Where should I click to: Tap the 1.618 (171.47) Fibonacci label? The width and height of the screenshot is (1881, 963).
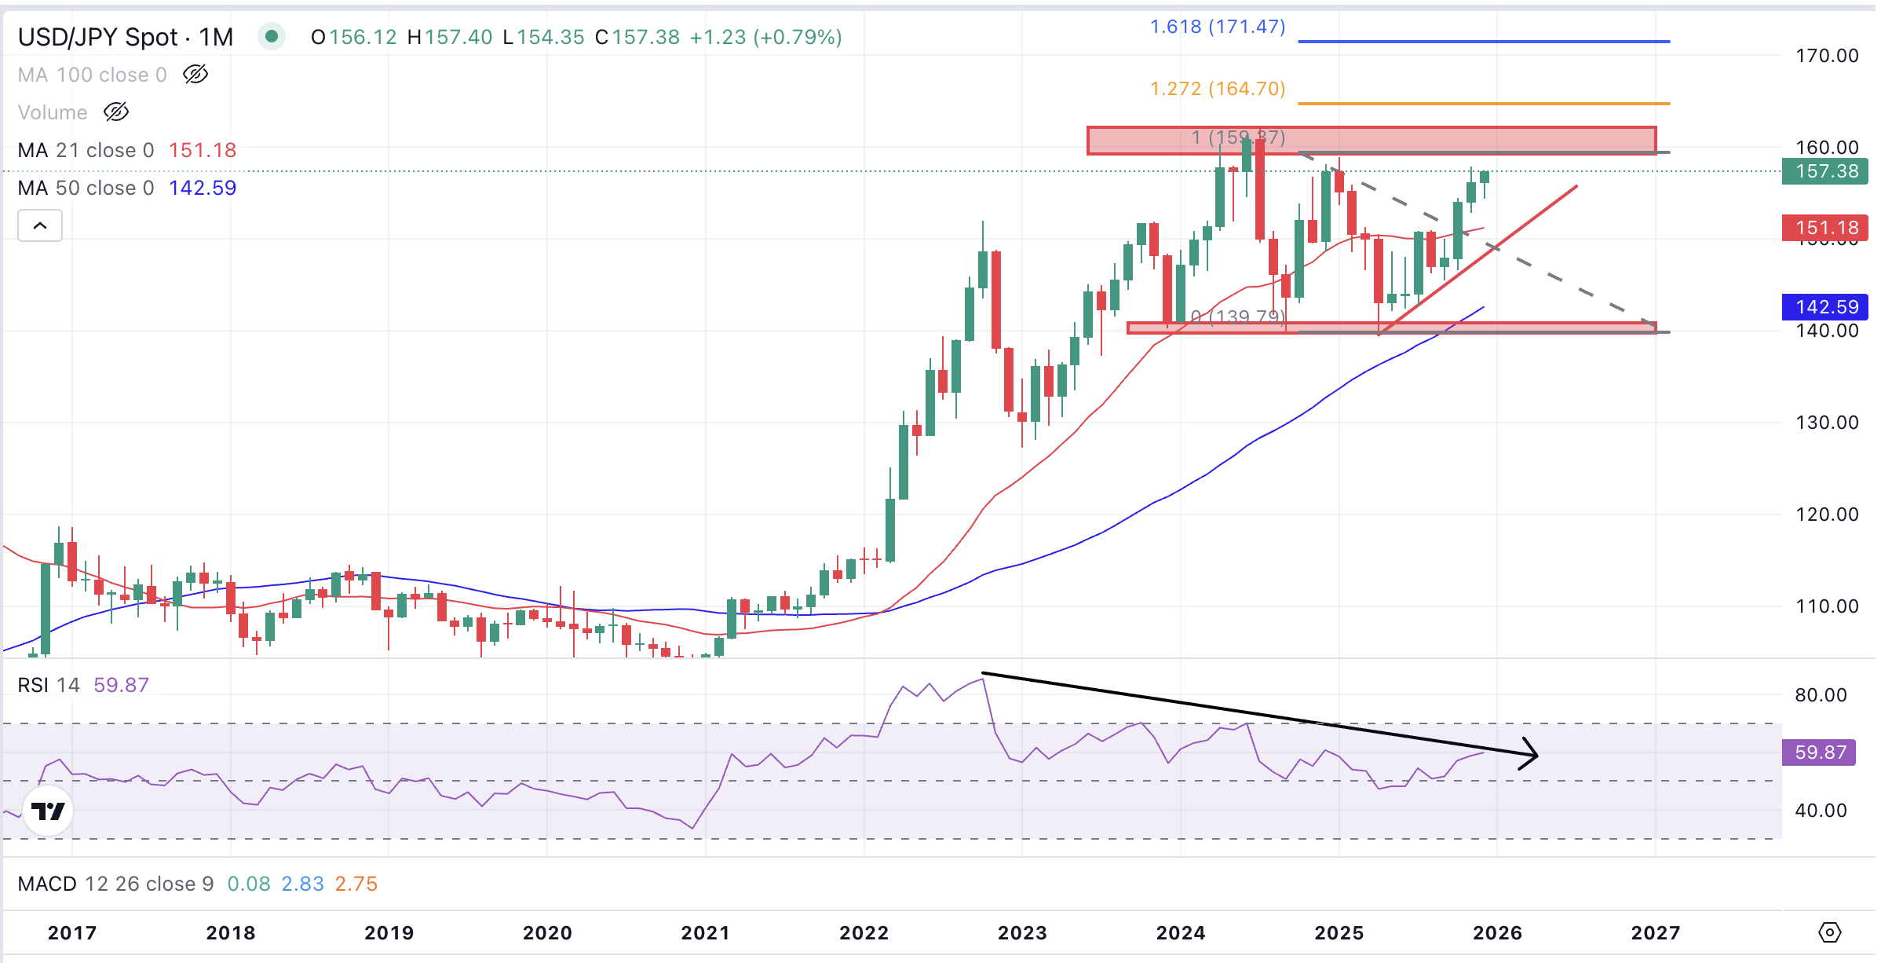point(1217,27)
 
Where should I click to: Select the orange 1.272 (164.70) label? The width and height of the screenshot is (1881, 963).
point(1217,89)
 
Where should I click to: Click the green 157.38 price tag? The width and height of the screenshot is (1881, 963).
point(1826,171)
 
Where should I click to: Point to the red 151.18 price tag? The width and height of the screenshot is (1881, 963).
point(1826,228)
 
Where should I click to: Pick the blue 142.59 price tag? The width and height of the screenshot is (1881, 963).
point(1826,307)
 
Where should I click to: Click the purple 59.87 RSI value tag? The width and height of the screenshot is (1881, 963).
point(1819,752)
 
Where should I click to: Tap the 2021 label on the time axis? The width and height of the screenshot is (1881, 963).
point(705,933)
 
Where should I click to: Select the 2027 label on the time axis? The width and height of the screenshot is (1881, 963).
point(1655,933)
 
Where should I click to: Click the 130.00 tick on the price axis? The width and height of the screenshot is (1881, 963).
point(1827,423)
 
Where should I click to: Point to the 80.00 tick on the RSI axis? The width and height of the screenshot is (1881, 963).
point(1821,695)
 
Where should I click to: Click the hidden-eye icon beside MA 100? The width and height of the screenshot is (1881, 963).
point(195,75)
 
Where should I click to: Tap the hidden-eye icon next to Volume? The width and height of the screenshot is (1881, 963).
point(116,112)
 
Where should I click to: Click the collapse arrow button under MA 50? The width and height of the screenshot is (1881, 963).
point(40,226)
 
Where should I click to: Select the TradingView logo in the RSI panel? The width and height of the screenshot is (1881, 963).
point(48,811)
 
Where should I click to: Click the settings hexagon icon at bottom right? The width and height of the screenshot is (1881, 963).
point(1829,932)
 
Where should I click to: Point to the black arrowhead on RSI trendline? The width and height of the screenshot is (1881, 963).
point(1529,754)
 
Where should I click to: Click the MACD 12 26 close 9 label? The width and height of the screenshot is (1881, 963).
point(115,884)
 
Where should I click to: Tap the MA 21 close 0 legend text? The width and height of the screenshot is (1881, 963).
point(86,150)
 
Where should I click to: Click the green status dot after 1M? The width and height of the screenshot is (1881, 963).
point(272,36)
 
